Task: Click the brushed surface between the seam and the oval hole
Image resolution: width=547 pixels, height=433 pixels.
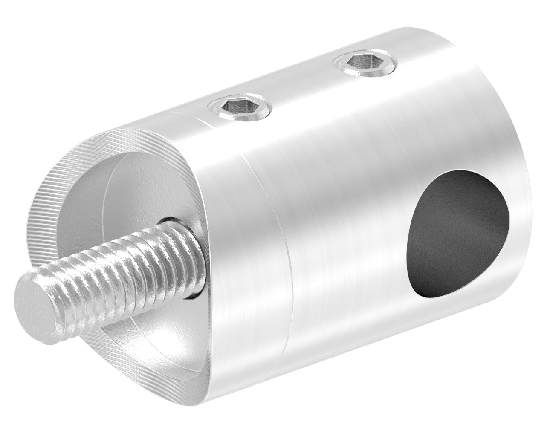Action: coord(341,234)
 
